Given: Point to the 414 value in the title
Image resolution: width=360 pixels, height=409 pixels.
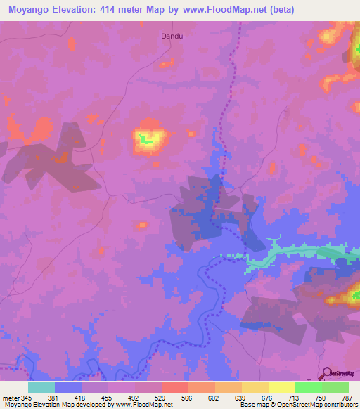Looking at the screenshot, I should (118, 10).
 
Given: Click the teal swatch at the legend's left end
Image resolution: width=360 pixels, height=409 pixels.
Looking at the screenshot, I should (41, 387).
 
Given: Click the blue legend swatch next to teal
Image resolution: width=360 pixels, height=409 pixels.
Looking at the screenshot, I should (67, 387).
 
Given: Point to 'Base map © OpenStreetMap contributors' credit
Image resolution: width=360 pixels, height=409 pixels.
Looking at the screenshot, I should (296, 405).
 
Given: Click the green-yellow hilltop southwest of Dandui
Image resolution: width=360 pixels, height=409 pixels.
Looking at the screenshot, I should (147, 139).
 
